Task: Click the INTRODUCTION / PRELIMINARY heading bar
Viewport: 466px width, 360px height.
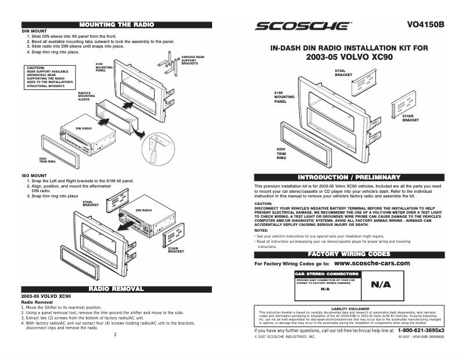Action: pos(349,177)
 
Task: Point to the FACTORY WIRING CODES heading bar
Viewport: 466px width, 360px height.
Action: pos(349,254)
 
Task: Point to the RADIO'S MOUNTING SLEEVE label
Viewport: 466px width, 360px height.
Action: pos(87,96)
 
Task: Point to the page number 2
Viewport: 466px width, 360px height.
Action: pos(115,334)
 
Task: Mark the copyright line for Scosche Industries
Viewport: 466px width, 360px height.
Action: pos(285,337)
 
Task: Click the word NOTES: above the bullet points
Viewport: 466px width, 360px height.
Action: pos(262,231)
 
